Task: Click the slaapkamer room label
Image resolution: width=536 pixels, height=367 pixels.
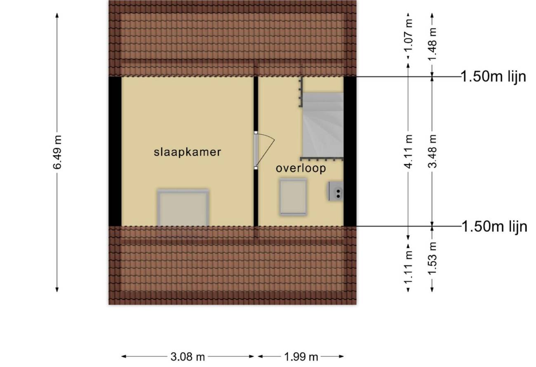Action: tap(187, 152)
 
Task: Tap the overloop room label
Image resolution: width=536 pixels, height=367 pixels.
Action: tap(301, 168)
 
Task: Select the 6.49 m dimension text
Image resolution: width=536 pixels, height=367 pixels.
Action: tap(57, 152)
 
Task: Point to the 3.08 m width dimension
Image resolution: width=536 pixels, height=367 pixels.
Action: tap(188, 357)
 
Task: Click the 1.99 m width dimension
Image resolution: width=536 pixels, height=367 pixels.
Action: tap(301, 357)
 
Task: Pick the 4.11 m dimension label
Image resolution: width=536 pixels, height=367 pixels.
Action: tap(409, 151)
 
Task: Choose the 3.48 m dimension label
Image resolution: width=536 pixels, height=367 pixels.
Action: tap(433, 151)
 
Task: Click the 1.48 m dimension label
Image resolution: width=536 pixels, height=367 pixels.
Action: tap(433, 44)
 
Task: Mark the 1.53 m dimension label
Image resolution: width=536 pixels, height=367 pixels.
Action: tap(433, 259)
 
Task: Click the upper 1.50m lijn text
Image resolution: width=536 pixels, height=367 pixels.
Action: tap(494, 77)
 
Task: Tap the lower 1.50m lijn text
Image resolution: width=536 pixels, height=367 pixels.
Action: tap(494, 226)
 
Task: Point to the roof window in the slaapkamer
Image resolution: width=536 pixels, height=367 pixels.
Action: tap(183, 208)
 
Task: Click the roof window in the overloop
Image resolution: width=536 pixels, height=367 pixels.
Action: tap(294, 197)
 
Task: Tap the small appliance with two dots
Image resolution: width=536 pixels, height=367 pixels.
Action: tap(336, 191)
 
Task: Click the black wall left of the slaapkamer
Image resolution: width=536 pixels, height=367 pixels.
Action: tap(115, 151)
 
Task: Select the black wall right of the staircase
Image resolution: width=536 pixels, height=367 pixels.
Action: tap(350, 151)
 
